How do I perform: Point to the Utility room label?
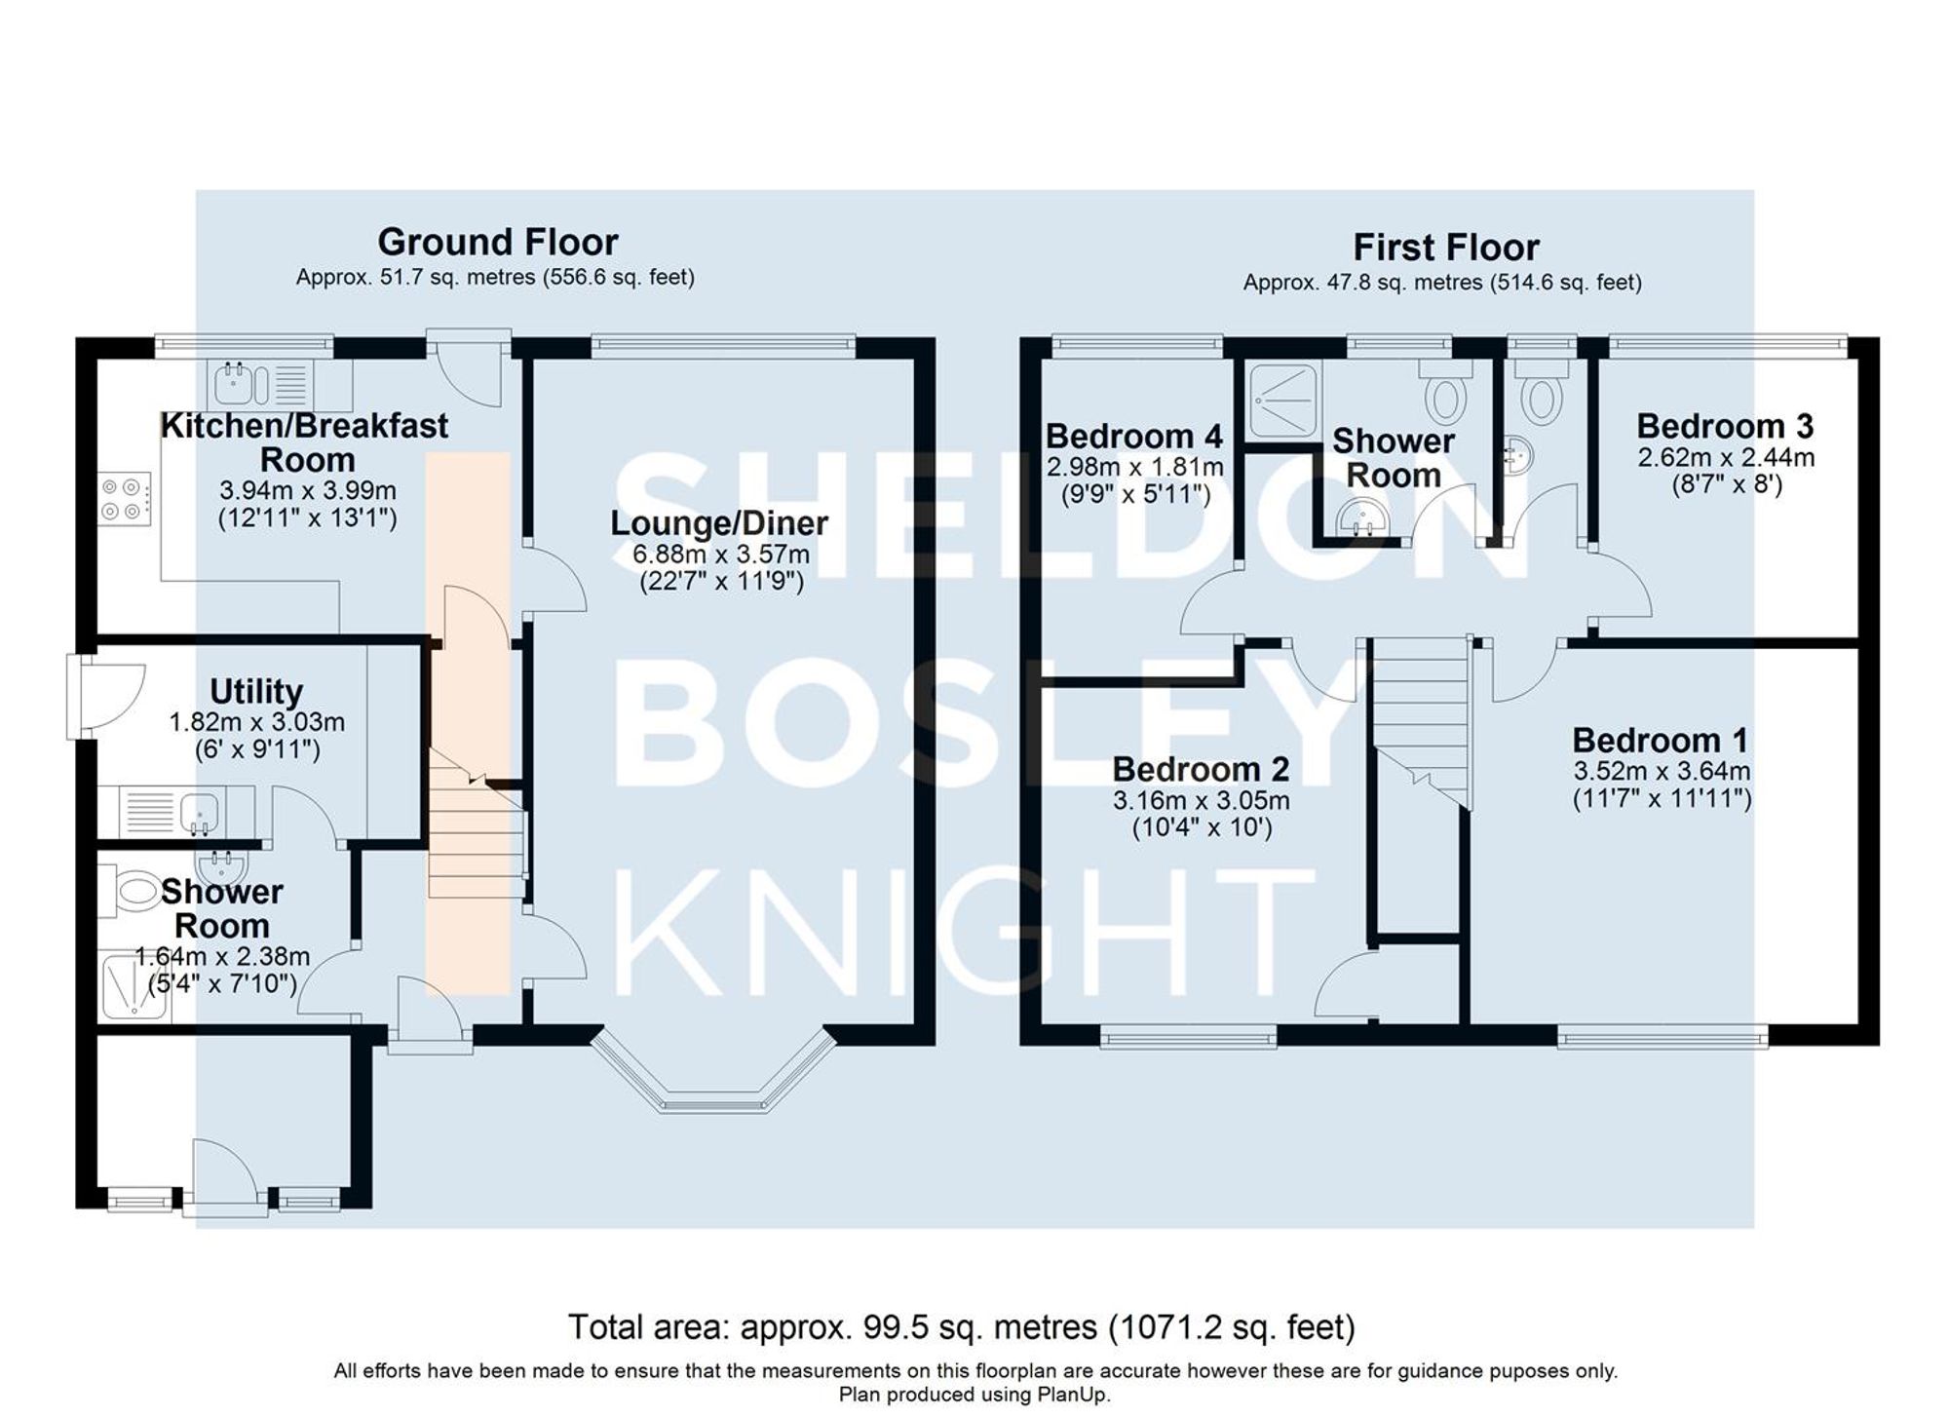tap(256, 692)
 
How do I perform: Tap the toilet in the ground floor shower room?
tap(134, 891)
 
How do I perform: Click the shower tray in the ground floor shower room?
tap(134, 987)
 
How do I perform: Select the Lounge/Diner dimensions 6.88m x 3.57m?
tap(720, 555)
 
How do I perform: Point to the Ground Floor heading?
tap(497, 242)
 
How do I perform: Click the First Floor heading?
tap(1445, 248)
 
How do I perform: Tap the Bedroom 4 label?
tap(1133, 436)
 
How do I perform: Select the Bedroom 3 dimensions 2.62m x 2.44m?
tap(1725, 457)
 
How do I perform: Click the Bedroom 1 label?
tap(1660, 741)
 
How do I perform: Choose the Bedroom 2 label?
tap(1201, 770)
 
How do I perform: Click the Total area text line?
tap(961, 1327)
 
